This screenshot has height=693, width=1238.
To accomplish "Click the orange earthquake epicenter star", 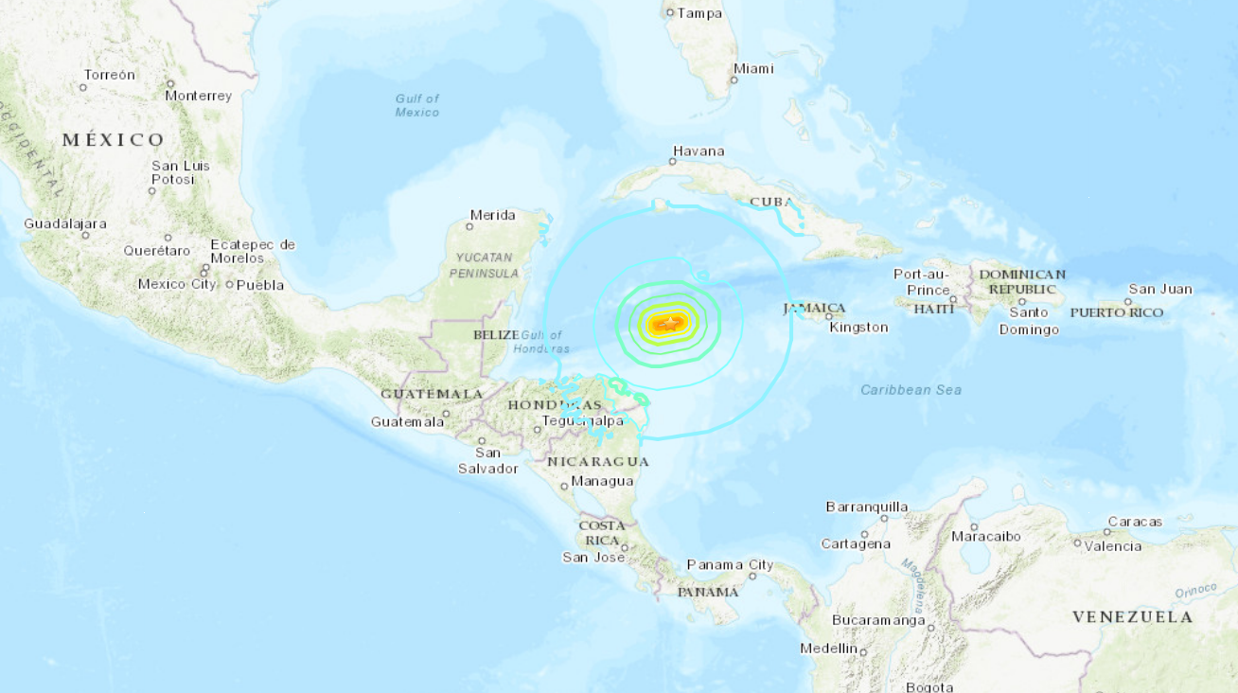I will pyautogui.click(x=669, y=325).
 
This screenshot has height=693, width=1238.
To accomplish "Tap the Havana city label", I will pyautogui.click(x=699, y=151).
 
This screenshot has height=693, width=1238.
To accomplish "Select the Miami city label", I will pyautogui.click(x=753, y=68).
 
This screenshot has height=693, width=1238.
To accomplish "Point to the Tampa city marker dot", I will pyautogui.click(x=670, y=13).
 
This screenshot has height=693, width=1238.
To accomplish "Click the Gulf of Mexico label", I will pyautogui.click(x=417, y=105).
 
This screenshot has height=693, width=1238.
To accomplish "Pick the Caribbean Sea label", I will pyautogui.click(x=911, y=390).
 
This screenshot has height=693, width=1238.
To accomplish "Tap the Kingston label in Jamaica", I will pyautogui.click(x=858, y=328).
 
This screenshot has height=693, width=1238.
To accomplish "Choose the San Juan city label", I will pyautogui.click(x=1160, y=290).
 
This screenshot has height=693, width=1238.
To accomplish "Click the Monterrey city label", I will pyautogui.click(x=199, y=96).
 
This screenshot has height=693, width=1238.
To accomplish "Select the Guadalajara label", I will pyautogui.click(x=65, y=224).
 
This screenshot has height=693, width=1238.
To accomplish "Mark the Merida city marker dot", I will pyautogui.click(x=470, y=226).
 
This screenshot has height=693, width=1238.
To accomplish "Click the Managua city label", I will pyautogui.click(x=603, y=481).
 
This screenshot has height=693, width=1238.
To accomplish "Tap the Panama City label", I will pyautogui.click(x=730, y=565).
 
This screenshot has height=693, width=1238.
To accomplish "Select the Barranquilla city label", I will pyautogui.click(x=867, y=506).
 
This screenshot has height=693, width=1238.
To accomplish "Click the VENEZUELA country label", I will pyautogui.click(x=1133, y=617).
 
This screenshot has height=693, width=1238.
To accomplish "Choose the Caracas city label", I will pyautogui.click(x=1135, y=522).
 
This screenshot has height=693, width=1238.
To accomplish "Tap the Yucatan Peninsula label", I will pyautogui.click(x=483, y=265).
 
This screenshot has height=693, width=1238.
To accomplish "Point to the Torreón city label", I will pyautogui.click(x=110, y=75).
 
